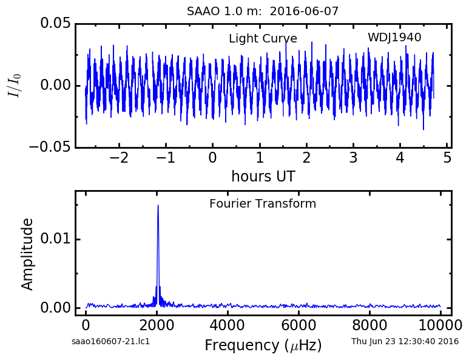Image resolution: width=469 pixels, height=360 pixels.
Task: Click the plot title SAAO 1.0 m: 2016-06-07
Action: [x=263, y=12]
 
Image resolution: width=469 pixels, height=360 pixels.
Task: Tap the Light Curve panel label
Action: [x=263, y=39]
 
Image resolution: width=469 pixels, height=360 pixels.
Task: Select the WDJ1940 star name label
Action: [x=394, y=38]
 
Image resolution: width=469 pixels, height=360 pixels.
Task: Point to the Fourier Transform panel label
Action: [x=263, y=203]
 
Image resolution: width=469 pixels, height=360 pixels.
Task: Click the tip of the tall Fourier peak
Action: [x=158, y=205]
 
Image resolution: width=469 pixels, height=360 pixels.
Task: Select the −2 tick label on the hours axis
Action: [x=119, y=158]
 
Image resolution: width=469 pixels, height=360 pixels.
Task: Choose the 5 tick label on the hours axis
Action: [x=447, y=158]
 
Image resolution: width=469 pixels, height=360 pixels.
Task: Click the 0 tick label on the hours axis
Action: [x=212, y=158]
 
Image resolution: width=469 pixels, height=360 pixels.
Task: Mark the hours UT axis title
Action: [x=263, y=176]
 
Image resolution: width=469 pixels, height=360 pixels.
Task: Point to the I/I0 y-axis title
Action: [x=15, y=85]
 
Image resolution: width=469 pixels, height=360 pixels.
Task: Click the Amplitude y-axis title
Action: [x=27, y=254]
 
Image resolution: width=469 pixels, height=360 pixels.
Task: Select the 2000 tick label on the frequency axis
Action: [x=157, y=325]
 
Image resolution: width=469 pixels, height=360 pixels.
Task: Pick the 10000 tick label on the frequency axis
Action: [x=440, y=325]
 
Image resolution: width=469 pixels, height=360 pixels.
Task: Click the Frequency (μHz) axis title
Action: [x=263, y=345]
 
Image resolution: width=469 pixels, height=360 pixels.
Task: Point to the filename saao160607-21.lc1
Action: [x=110, y=341]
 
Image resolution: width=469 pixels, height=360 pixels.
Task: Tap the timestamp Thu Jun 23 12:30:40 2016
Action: [x=405, y=341]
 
